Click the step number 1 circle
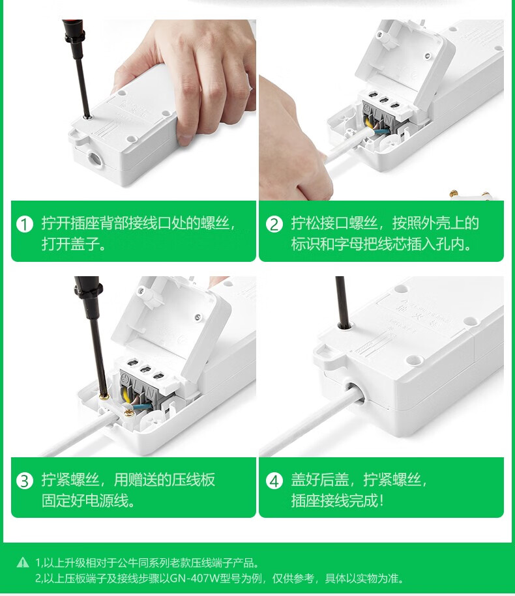24,224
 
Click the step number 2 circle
274,224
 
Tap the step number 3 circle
24,481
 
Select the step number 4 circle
274,481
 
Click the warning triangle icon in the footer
23,562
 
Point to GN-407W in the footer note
194,578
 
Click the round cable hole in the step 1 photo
95,158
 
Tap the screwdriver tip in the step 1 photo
87,117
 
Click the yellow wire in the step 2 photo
368,122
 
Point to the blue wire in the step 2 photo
381,132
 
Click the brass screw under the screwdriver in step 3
104,398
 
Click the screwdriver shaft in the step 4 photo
342,302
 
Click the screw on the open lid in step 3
198,317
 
